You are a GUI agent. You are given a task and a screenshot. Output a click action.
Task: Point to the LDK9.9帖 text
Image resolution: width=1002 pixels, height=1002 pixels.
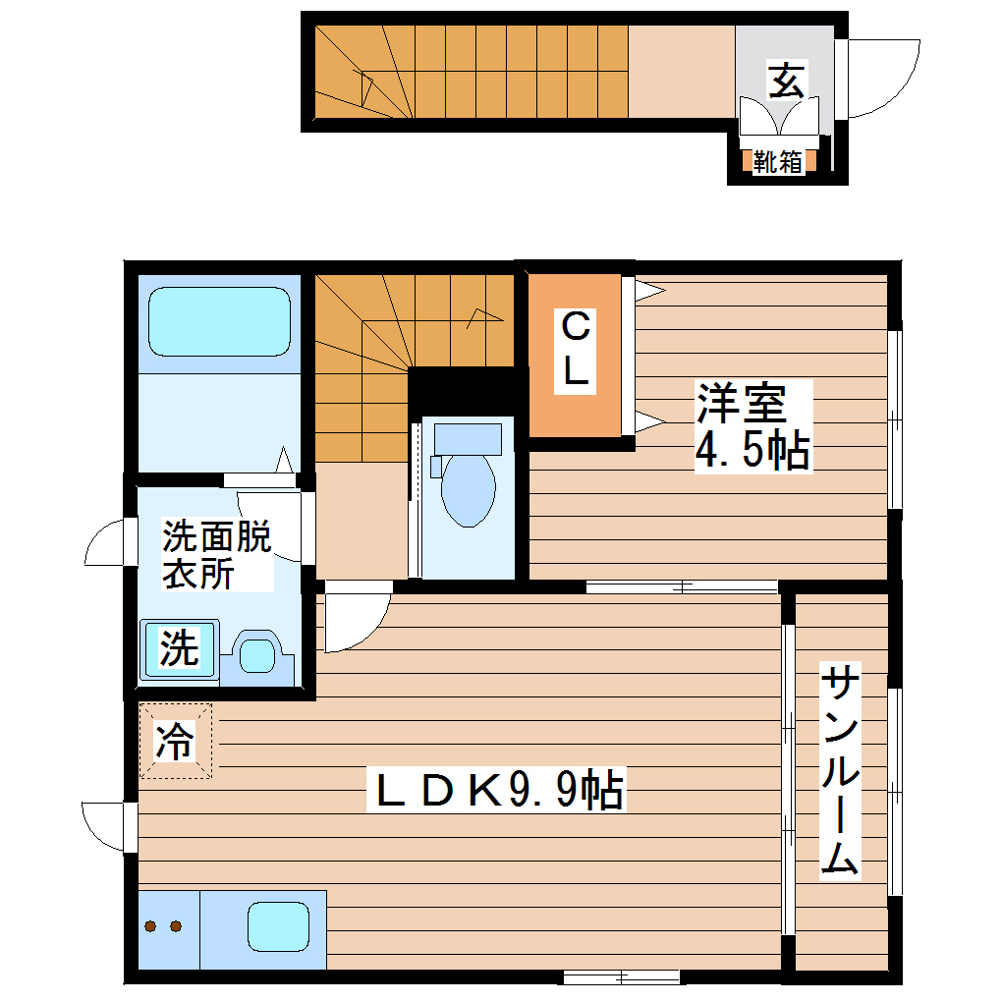click(x=497, y=790)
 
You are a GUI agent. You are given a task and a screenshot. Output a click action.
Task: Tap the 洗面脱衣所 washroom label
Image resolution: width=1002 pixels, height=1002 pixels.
click(x=216, y=555)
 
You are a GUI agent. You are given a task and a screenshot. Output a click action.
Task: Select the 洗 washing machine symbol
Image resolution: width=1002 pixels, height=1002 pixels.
click(x=178, y=649)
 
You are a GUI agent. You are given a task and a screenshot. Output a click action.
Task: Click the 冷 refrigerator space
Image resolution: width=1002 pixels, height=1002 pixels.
click(x=175, y=741)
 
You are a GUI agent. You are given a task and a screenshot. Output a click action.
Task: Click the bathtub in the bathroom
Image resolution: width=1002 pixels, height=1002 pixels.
click(x=220, y=320)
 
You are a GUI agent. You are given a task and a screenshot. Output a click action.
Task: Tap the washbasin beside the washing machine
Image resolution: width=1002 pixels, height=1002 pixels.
click(x=258, y=654)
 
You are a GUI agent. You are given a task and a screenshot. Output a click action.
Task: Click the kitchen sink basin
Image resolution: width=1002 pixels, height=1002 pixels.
click(x=278, y=925)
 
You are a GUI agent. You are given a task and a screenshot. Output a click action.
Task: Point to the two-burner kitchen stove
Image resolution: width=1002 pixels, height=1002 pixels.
click(x=164, y=925)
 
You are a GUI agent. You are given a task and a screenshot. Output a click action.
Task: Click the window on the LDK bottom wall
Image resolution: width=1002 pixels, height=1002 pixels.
click(x=621, y=976)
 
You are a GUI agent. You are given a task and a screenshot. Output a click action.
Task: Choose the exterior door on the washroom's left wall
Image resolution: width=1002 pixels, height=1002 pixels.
click(x=106, y=544)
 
